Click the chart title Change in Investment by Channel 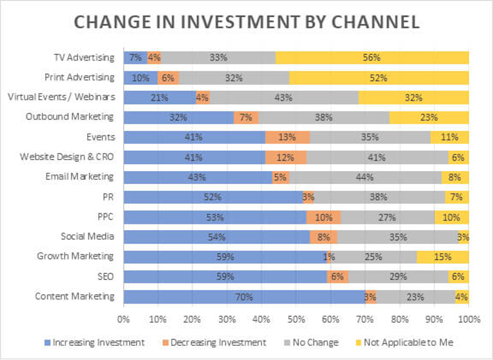pyautogui.click(x=246, y=22)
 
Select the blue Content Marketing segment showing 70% pyautogui.click(x=244, y=297)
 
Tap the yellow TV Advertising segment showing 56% pyautogui.click(x=372, y=58)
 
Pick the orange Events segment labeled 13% pyautogui.click(x=288, y=137)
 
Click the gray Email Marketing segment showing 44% pyautogui.click(x=365, y=177)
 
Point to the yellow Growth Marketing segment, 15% pyautogui.click(x=443, y=257)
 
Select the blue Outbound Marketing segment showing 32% pyautogui.click(x=179, y=117)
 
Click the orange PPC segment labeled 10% pyautogui.click(x=323, y=217)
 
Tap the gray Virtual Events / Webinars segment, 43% pyautogui.click(x=283, y=98)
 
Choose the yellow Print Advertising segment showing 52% pyautogui.click(x=379, y=78)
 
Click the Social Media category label pyautogui.click(x=87, y=236)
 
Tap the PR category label pyautogui.click(x=107, y=196)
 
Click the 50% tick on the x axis pyautogui.click(x=296, y=319)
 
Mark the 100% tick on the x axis pyautogui.click(x=468, y=319)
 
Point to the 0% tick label pyautogui.click(x=123, y=319)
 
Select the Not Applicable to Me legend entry pyautogui.click(x=407, y=342)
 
